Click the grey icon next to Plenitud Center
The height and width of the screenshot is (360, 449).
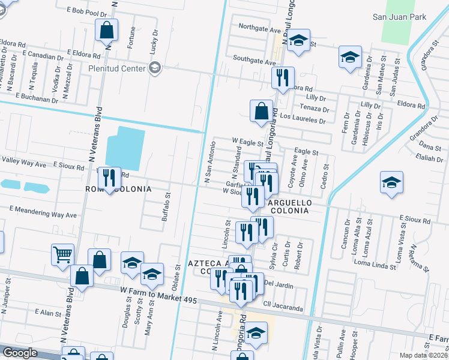pos(155,68)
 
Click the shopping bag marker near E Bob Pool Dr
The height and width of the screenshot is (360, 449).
pos(106,29)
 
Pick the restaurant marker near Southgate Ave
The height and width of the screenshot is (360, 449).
pos(282,77)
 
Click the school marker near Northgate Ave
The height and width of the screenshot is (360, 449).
pos(298,41)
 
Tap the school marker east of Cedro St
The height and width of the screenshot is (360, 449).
pos(391,182)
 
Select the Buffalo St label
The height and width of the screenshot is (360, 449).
pos(166,207)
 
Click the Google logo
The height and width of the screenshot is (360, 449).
pos(20,353)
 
